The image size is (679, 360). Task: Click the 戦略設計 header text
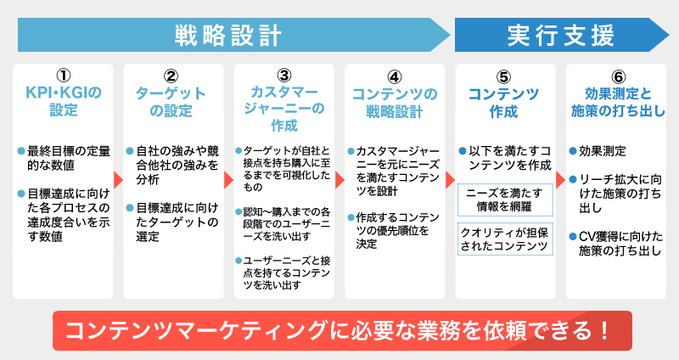(x=227, y=36)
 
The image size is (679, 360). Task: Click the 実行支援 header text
(x=560, y=36)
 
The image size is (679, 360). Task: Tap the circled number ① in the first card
(x=64, y=76)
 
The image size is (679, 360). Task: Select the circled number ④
(x=395, y=76)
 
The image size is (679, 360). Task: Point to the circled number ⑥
(x=615, y=76)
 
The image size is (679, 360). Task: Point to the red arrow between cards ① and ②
(x=118, y=180)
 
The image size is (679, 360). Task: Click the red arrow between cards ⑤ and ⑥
(x=560, y=180)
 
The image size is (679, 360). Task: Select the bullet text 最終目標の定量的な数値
(x=68, y=158)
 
